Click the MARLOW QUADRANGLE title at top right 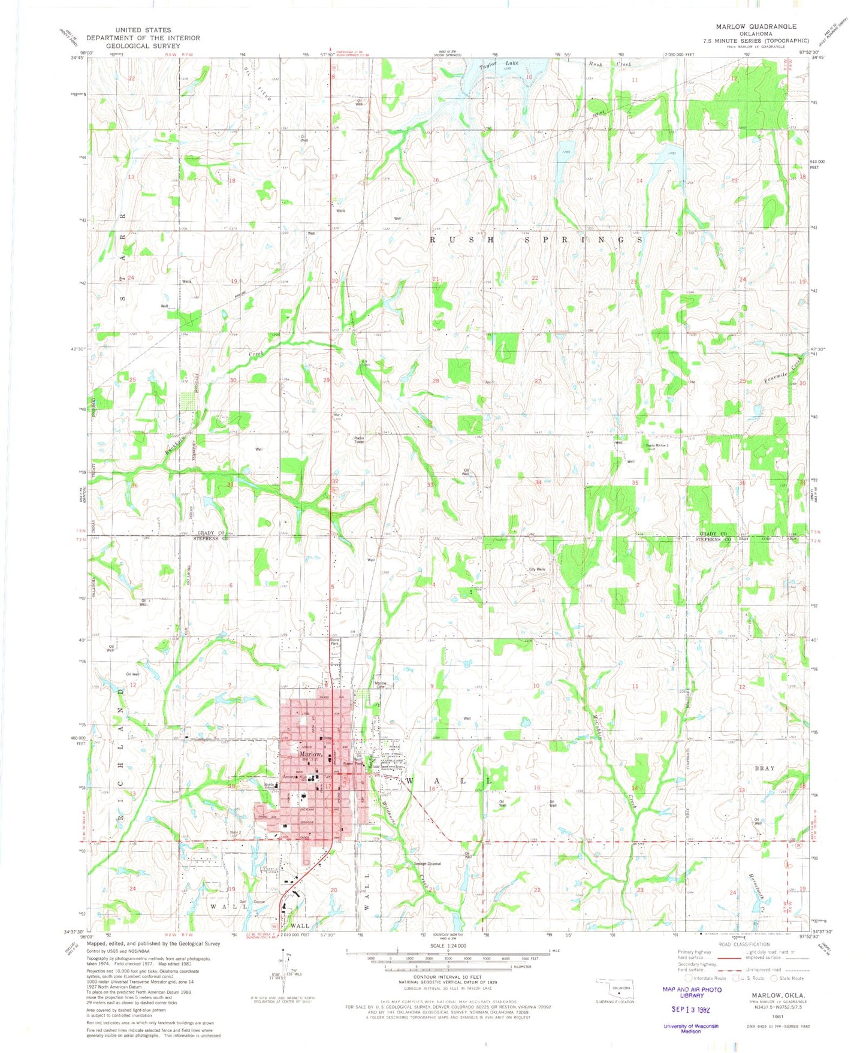[756, 26]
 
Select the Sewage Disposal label [427, 864]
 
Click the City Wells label [536, 569]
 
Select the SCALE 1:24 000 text [448, 946]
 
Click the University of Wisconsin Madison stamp [691, 1028]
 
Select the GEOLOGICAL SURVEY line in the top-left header [143, 46]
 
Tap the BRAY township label [765, 768]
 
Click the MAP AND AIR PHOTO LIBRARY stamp [692, 992]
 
